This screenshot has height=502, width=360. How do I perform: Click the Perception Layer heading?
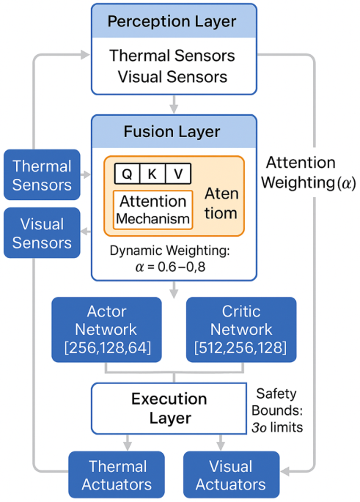tap(173, 21)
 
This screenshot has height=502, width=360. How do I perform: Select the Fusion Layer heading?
tap(173, 132)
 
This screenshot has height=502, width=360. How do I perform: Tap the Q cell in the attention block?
tap(127, 174)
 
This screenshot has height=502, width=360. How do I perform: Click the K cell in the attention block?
tap(153, 174)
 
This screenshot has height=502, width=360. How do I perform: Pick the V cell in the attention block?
tap(178, 174)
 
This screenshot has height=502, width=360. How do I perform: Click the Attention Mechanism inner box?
tap(153, 210)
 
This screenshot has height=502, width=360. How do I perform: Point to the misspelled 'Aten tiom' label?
tap(221, 203)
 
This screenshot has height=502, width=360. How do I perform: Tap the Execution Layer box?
tap(171, 408)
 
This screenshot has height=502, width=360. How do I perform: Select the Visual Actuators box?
tap(230, 475)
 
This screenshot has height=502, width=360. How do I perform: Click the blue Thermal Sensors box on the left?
tap(43, 175)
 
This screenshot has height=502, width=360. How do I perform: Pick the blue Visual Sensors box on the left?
tap(43, 233)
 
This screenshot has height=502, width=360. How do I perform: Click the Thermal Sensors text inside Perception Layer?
tap(172, 56)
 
